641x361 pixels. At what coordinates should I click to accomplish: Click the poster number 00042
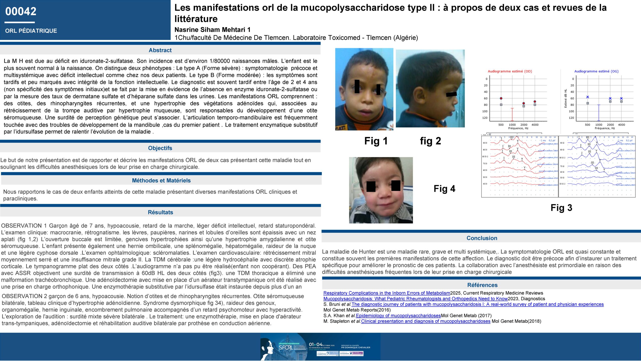(x=21, y=11)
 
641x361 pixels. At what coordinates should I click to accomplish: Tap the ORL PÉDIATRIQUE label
(x=31, y=31)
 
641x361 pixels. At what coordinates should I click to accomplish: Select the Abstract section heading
(x=160, y=50)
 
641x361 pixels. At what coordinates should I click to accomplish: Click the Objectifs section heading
(x=160, y=148)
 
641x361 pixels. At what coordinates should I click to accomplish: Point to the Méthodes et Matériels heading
(x=161, y=180)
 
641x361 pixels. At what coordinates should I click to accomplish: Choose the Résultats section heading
(x=160, y=212)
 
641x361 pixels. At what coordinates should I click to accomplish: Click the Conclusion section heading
(x=482, y=238)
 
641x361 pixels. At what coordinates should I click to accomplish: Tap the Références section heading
(x=482, y=285)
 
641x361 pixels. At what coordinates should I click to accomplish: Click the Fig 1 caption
(x=376, y=141)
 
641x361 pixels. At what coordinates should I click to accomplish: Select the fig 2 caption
(x=430, y=141)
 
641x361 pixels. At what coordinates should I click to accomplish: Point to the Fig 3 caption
(x=561, y=208)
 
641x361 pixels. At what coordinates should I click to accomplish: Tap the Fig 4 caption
(x=444, y=189)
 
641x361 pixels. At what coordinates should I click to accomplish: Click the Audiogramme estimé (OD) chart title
(x=510, y=71)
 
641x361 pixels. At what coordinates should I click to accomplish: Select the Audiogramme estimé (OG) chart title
(x=596, y=71)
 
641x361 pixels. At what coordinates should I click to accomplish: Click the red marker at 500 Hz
(x=501, y=98)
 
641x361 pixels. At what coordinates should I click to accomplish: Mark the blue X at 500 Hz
(x=588, y=97)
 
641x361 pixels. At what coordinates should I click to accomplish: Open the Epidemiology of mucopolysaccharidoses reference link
(x=398, y=316)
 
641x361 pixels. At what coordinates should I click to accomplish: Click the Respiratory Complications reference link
(x=387, y=293)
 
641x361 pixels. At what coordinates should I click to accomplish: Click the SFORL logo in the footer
(x=285, y=347)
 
